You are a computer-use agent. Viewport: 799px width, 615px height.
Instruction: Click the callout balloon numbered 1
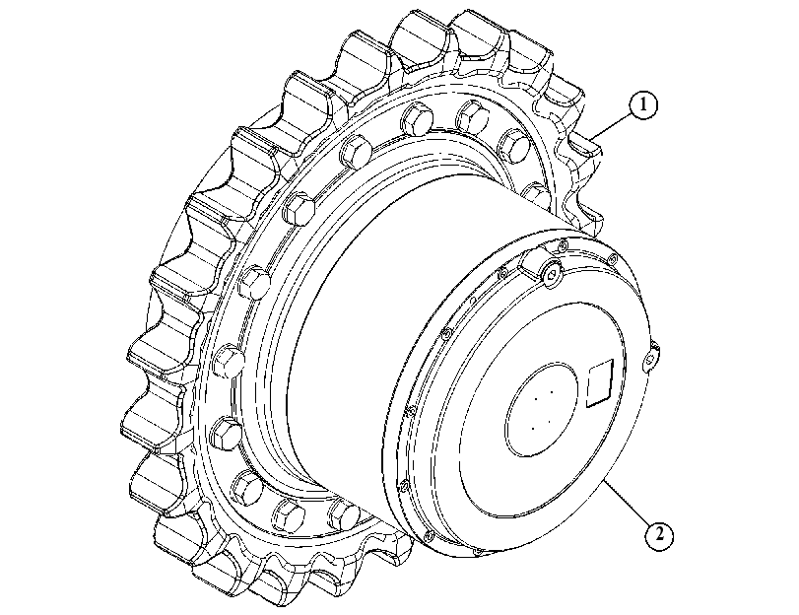click(643, 104)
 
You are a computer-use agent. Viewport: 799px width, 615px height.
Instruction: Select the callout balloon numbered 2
click(659, 535)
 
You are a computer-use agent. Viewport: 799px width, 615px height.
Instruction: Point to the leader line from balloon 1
click(612, 126)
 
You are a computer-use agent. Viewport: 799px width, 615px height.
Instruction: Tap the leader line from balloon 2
click(627, 503)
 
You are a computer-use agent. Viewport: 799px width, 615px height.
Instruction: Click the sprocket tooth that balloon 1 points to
click(584, 148)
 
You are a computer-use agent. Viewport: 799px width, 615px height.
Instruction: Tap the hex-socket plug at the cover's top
click(553, 275)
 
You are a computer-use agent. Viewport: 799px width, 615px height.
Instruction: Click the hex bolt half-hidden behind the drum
click(535, 195)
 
